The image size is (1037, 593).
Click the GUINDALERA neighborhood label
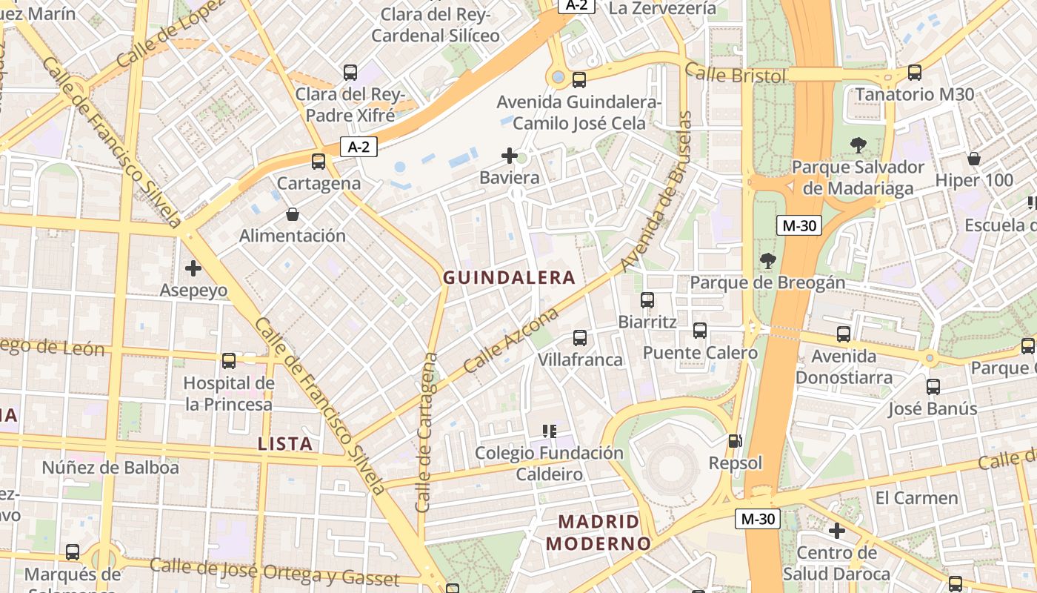point(509,278)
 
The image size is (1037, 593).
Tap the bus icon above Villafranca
point(580,338)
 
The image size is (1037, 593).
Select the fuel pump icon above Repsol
point(735,441)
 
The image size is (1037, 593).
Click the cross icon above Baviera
point(510,156)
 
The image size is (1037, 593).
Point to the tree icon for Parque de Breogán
point(767,260)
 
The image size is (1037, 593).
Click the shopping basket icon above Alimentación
point(293,215)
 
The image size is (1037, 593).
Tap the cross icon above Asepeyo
point(193,268)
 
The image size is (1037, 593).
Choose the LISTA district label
point(285,444)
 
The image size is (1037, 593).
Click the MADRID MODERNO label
point(598,532)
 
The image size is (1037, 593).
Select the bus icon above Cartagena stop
point(319,161)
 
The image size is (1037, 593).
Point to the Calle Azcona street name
point(511,341)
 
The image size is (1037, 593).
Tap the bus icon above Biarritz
point(647,300)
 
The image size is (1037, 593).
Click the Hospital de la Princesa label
point(229,394)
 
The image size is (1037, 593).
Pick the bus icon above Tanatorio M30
point(915,73)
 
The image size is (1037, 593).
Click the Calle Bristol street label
point(735,73)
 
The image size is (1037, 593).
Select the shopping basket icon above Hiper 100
point(974,159)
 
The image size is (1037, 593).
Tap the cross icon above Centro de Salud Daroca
point(837,531)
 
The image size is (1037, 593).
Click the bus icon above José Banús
point(933,387)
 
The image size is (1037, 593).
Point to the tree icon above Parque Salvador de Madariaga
point(858,145)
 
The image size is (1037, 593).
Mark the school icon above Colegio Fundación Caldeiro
point(549,431)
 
